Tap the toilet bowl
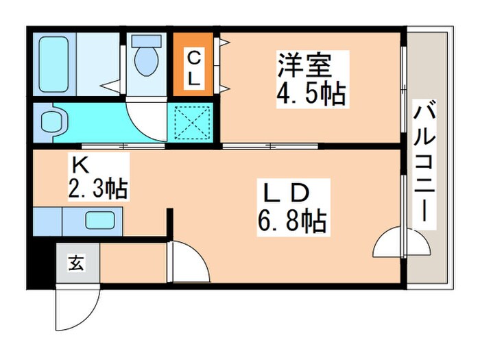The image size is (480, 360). [x=145, y=60]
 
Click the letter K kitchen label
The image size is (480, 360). [x=80, y=165]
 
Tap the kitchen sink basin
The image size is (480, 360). [x=100, y=221]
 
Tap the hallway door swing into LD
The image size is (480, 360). [x=185, y=261]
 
